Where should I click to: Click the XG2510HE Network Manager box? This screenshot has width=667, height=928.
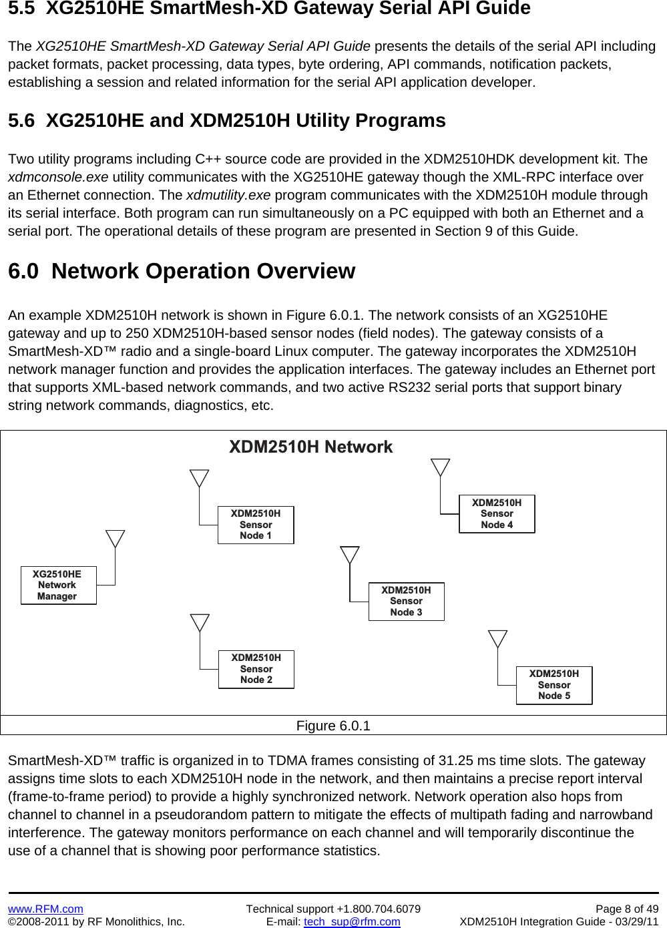pyautogui.click(x=58, y=586)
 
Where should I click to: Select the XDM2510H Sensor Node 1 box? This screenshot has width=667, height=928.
pyautogui.click(x=256, y=525)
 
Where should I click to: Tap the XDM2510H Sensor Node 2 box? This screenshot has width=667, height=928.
pyautogui.click(x=256, y=669)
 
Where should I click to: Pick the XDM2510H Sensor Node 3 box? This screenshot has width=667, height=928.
pyautogui.click(x=406, y=602)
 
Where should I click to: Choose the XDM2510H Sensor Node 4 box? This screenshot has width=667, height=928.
pyautogui.click(x=497, y=514)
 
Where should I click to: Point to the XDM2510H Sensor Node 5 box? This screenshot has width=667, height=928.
pyautogui.click(x=554, y=685)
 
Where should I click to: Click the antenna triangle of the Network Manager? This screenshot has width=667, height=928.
pyautogui.click(x=116, y=538)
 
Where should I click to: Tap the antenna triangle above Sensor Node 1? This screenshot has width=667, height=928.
pyautogui.click(x=199, y=478)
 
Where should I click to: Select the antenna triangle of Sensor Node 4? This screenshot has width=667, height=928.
pyautogui.click(x=440, y=467)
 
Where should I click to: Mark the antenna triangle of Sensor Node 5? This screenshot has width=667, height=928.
pyautogui.click(x=497, y=638)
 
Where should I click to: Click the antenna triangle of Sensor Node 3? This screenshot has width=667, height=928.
pyautogui.click(x=349, y=555)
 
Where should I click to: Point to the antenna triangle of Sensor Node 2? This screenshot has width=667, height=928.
pyautogui.click(x=200, y=622)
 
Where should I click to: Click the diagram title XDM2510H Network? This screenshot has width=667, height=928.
pyautogui.click(x=310, y=447)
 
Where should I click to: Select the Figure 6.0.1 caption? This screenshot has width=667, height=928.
pyautogui.click(x=333, y=726)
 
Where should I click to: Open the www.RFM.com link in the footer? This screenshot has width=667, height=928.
pyautogui.click(x=45, y=909)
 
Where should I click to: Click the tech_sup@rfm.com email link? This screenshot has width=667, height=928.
pyautogui.click(x=352, y=921)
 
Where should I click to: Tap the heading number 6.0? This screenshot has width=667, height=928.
pyautogui.click(x=23, y=272)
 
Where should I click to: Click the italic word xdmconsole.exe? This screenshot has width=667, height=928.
pyautogui.click(x=58, y=178)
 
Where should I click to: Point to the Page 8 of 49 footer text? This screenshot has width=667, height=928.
pyautogui.click(x=626, y=909)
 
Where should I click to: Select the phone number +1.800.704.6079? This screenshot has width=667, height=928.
pyautogui.click(x=378, y=909)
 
